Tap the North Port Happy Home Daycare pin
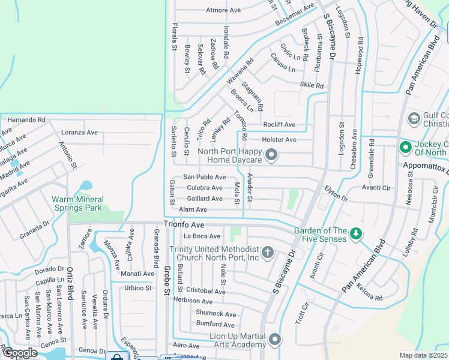coord(271,156)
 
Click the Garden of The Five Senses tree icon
coord(356,232)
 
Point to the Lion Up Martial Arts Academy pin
coord(275,340)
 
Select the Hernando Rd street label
coord(26,120)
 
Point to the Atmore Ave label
coord(223,10)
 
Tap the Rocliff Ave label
coord(279,125)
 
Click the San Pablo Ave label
coord(204,177)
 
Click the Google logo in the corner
coord(19,353)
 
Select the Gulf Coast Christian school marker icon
coord(413,118)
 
